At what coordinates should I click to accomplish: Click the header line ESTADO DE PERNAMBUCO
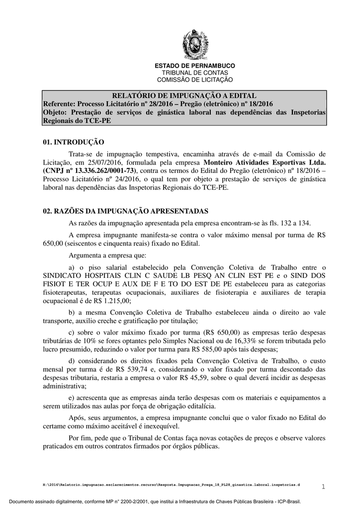195,66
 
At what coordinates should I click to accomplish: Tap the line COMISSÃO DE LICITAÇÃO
195,80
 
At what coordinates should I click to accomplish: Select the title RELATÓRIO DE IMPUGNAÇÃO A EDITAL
184,95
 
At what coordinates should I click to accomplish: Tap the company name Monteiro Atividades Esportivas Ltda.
265,162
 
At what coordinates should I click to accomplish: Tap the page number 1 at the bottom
323,486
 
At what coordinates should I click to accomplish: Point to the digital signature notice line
180,502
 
